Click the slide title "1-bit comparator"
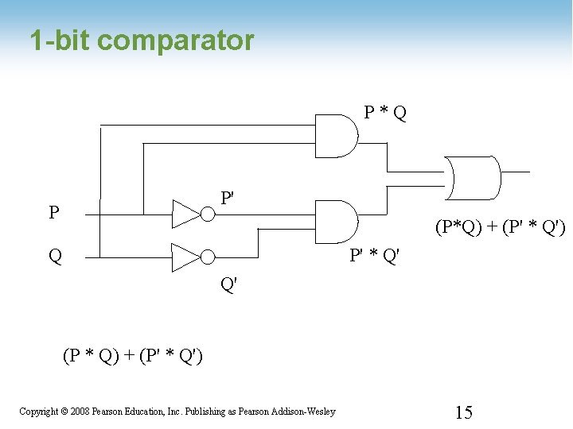(x=142, y=41)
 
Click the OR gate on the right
(x=474, y=177)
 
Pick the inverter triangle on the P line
(x=187, y=213)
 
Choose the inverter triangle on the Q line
(x=187, y=257)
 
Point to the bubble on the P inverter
(x=208, y=213)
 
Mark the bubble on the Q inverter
(x=208, y=257)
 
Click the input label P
(x=53, y=213)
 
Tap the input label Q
(x=55, y=257)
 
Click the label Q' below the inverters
(x=228, y=284)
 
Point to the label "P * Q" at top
(x=385, y=113)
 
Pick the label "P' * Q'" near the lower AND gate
(x=375, y=256)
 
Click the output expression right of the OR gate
(x=500, y=229)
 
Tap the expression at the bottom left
(x=132, y=356)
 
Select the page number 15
(x=463, y=412)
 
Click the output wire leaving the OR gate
(x=515, y=171)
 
